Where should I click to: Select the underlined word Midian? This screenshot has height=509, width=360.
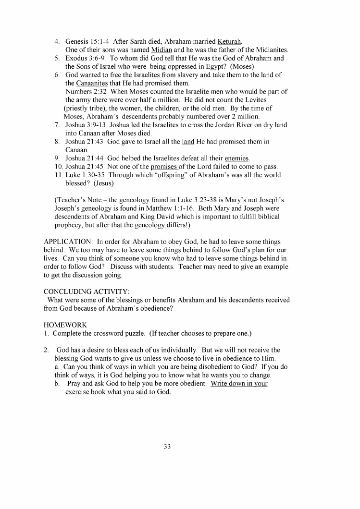click(x=161, y=50)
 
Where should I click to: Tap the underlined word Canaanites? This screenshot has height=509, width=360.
click(x=92, y=83)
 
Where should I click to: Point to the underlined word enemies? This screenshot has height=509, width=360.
click(x=236, y=158)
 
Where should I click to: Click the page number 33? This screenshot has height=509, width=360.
click(x=167, y=447)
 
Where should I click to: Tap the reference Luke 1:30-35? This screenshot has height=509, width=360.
click(x=84, y=175)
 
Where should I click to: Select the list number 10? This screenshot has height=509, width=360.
click(x=58, y=167)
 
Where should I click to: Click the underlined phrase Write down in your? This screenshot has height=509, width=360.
click(x=239, y=384)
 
